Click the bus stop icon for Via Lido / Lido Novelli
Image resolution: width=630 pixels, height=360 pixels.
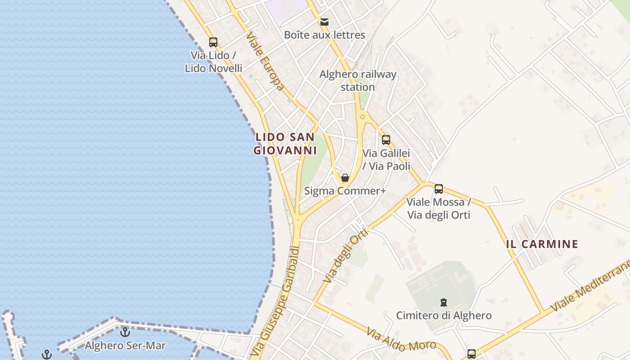coord(213,42)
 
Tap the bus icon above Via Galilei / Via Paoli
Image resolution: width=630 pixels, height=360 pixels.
coord(386,140)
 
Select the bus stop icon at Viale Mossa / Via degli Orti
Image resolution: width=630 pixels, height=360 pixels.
coord(439,189)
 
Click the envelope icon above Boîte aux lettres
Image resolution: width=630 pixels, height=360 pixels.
coord(324,22)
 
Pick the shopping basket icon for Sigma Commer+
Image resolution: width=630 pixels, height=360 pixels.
coord(345,178)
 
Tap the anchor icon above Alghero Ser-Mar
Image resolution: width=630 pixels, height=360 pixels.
coord(125,333)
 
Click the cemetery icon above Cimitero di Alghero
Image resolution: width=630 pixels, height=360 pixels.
coord(444,302)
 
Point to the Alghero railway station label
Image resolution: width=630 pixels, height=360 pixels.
coord(358,81)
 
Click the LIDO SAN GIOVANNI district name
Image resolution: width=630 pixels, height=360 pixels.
coord(285,144)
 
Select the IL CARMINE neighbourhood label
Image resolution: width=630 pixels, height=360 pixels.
coord(542,244)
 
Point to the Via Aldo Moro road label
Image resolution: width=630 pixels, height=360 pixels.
coord(400,340)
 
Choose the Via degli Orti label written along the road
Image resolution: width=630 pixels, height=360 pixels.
coord(346,255)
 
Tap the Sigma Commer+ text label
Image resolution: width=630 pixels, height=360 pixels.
coord(345,191)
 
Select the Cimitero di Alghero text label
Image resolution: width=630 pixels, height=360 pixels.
coord(444,315)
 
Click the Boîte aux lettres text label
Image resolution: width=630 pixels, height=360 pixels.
coord(324,35)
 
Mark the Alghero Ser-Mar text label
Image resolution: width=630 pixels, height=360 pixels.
coord(125,346)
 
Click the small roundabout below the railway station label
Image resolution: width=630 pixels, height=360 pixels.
coord(362,117)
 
